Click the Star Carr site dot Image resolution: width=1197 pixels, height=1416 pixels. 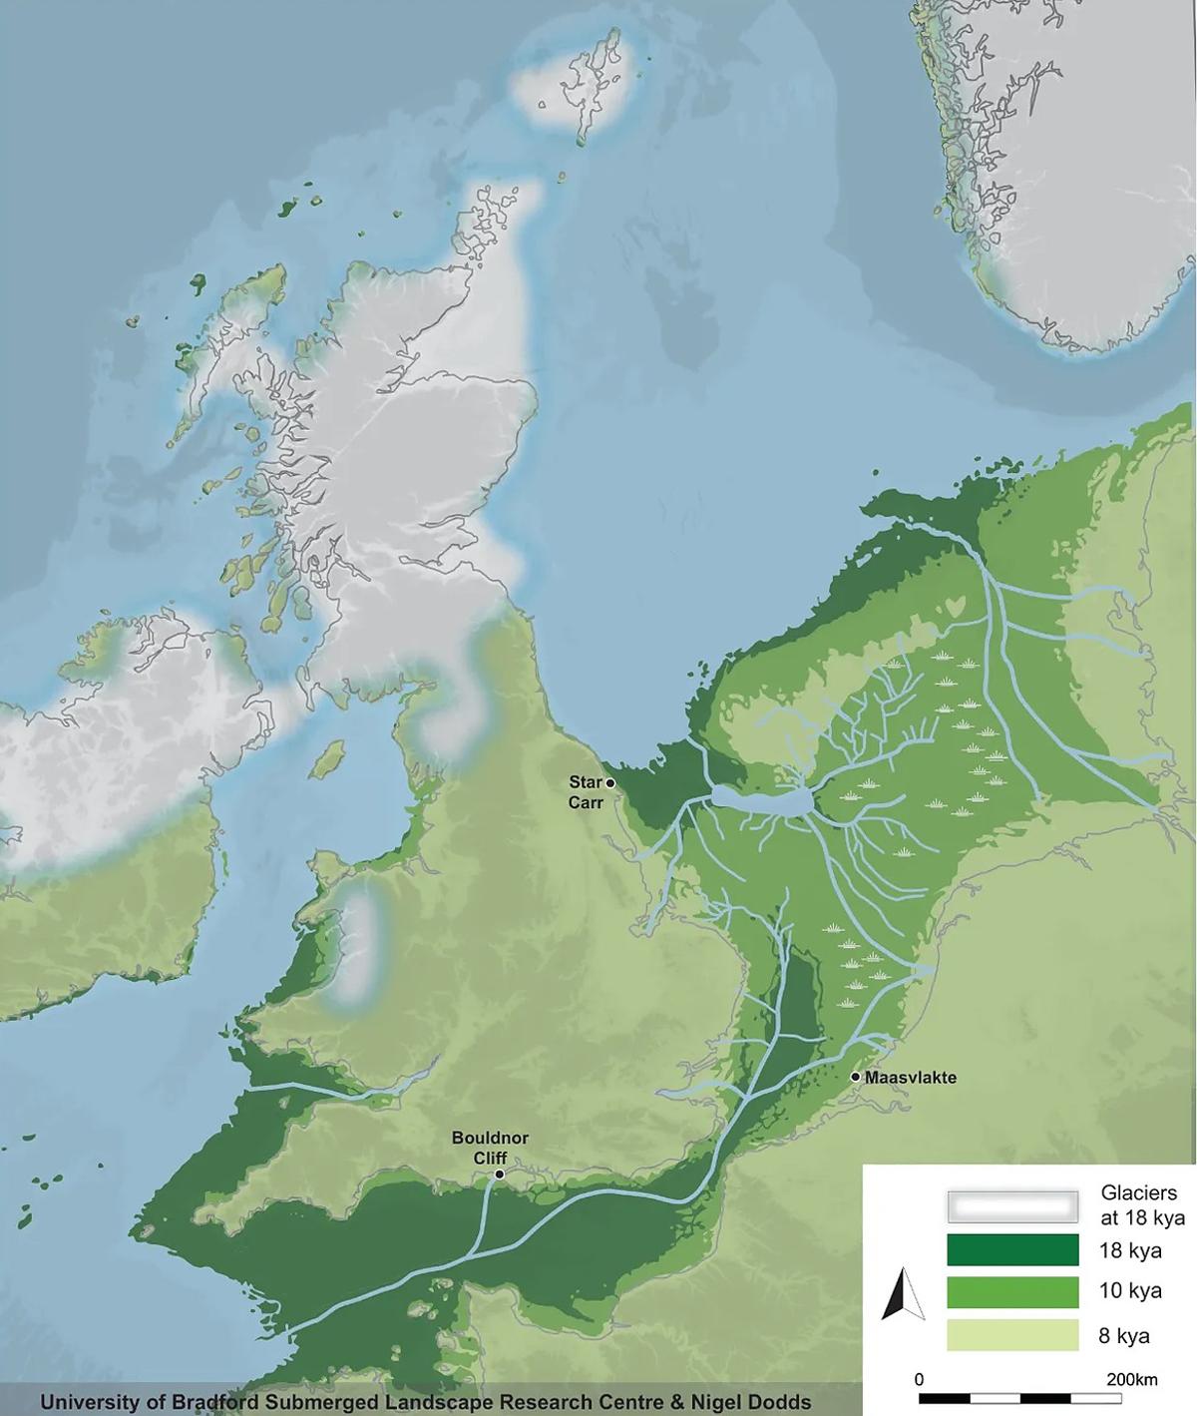[x=609, y=783]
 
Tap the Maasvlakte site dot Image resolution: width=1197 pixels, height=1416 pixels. [x=856, y=1077]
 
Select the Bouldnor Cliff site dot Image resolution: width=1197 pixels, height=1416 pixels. [x=499, y=1175]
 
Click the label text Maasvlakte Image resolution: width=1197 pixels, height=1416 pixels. [x=911, y=1078]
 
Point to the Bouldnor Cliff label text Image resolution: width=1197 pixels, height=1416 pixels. [x=490, y=1148]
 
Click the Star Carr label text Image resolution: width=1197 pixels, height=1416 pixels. [x=586, y=792]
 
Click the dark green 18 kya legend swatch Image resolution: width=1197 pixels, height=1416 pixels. [x=1012, y=1249]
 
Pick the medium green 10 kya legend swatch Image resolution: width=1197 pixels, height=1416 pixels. [x=1012, y=1292]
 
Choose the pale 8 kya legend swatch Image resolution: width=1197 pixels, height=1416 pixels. [x=1012, y=1335]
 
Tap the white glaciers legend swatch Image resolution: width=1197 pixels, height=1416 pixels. [x=1012, y=1205]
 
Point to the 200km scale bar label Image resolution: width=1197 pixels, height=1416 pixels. [x=1131, y=1380]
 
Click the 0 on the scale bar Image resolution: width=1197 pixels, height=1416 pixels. [x=919, y=1380]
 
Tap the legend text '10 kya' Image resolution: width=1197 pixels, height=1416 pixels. [x=1130, y=1290]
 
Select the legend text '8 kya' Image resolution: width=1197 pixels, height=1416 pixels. [x=1124, y=1335]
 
